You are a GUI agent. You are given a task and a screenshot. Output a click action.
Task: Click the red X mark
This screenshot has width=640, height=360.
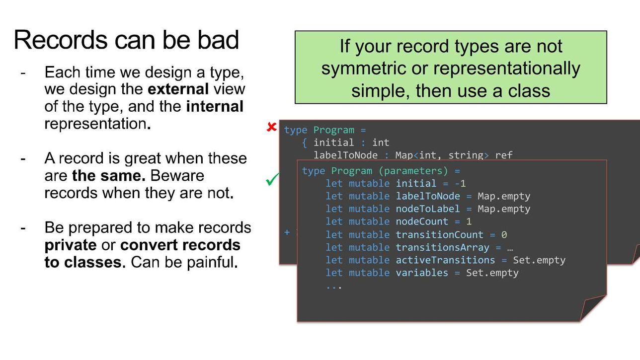(x=271, y=127)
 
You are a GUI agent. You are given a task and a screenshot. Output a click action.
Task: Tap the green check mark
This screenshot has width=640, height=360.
(x=272, y=179)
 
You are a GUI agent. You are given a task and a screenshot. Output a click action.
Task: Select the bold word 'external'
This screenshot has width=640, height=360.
(x=178, y=89)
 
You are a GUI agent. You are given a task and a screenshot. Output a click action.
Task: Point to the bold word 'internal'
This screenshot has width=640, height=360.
(x=215, y=106)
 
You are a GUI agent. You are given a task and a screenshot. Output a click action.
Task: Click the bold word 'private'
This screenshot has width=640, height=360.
(x=71, y=245)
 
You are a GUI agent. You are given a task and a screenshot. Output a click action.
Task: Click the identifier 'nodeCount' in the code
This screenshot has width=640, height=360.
(x=422, y=221)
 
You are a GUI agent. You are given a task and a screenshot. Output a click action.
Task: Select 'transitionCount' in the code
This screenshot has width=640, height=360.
(x=439, y=235)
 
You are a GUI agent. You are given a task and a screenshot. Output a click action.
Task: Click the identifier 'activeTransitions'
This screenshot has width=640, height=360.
(x=445, y=260)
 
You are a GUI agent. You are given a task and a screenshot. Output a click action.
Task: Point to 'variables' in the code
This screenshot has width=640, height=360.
(x=422, y=273)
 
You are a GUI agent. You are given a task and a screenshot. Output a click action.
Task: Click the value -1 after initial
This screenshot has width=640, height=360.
(x=460, y=183)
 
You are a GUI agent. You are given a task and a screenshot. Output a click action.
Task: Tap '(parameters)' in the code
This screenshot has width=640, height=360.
(x=413, y=171)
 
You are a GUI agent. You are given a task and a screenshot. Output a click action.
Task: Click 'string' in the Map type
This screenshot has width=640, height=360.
(x=466, y=155)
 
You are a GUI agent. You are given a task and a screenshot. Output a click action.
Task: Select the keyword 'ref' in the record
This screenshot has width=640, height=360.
(x=504, y=155)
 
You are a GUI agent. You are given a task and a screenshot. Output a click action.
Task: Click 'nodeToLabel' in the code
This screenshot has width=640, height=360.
(x=428, y=209)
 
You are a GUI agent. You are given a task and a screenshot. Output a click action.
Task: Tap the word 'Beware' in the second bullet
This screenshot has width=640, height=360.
(x=177, y=176)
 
